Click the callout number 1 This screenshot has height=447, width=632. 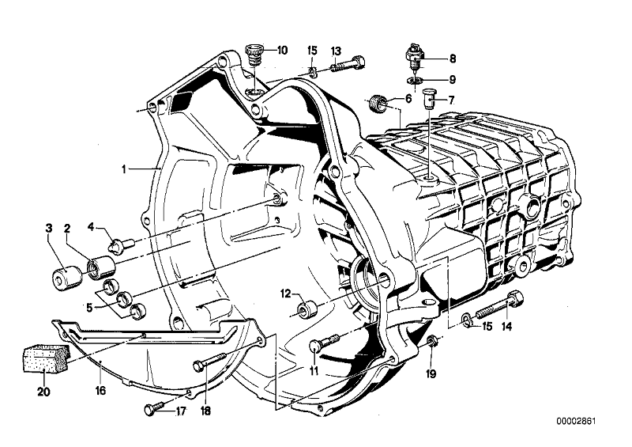pos(124,169)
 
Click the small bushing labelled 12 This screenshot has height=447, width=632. pos(307,306)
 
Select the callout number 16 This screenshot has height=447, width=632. pos(100,390)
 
